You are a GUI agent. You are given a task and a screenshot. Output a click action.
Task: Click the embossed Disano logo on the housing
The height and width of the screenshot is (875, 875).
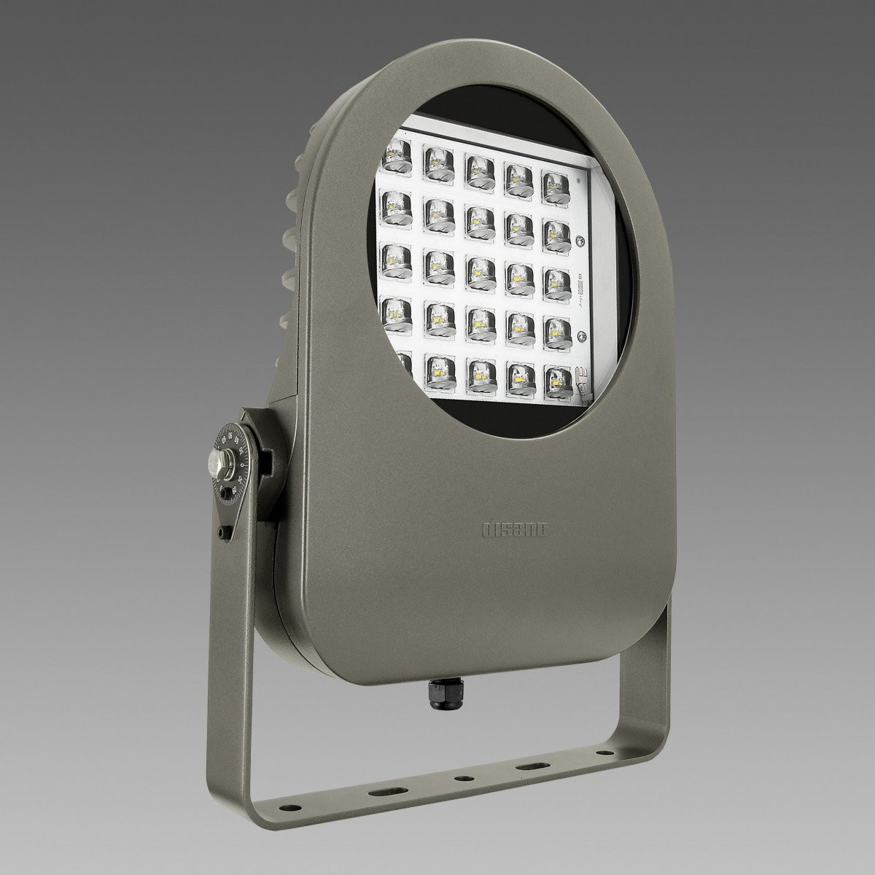(517, 528)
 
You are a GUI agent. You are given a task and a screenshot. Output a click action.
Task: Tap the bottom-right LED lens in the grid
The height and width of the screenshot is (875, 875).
(559, 379)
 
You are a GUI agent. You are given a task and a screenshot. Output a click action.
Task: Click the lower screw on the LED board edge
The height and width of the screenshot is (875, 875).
(581, 335)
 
